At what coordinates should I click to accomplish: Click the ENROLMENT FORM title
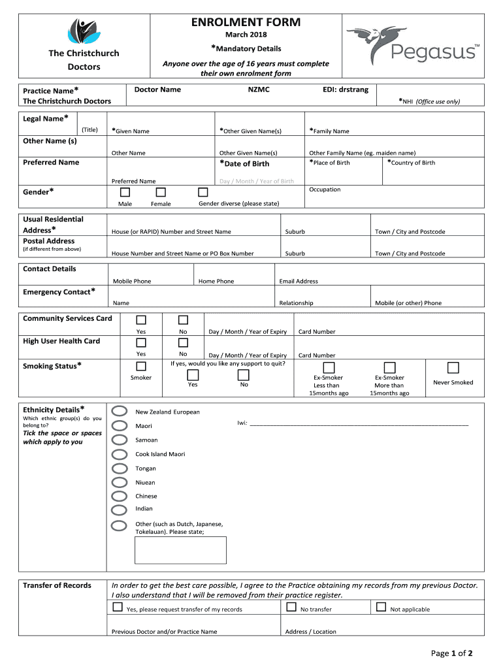[246, 22]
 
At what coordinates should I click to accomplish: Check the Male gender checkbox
[125, 192]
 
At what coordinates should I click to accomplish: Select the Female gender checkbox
[161, 192]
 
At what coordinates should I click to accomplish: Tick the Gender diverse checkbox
[203, 192]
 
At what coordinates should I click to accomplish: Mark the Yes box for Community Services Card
[141, 319]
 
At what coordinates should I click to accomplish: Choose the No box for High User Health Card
[183, 342]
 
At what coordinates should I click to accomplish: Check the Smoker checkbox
[141, 366]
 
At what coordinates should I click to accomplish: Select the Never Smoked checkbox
[453, 368]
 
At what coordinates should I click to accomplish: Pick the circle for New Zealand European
[120, 411]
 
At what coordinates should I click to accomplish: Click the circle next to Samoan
[120, 440]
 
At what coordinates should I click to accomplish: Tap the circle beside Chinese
[120, 496]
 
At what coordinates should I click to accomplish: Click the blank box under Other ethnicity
[180, 550]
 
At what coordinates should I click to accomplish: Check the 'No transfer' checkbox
[291, 607]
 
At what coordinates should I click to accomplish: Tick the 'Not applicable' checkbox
[381, 607]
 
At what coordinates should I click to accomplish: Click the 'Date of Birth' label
[244, 163]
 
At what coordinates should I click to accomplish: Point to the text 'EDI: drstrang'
[346, 90]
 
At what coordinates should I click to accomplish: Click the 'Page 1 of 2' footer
[451, 653]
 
